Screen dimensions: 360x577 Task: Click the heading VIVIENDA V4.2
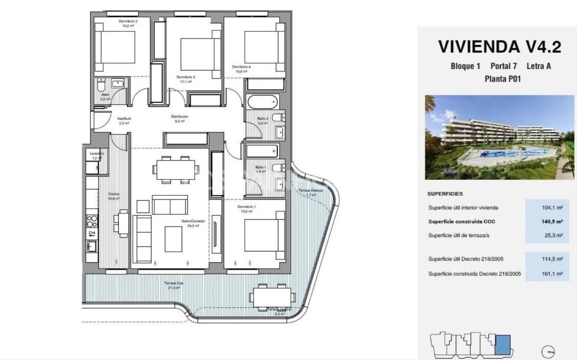(x=499, y=46)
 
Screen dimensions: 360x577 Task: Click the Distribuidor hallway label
(x=179, y=119)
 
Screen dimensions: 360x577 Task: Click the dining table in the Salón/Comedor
(x=176, y=170)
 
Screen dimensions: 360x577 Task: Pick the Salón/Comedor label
(x=193, y=223)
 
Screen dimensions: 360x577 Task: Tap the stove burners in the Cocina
(x=92, y=221)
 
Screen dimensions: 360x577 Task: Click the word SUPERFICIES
(x=445, y=194)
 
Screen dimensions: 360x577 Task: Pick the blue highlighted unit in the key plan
(x=502, y=345)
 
